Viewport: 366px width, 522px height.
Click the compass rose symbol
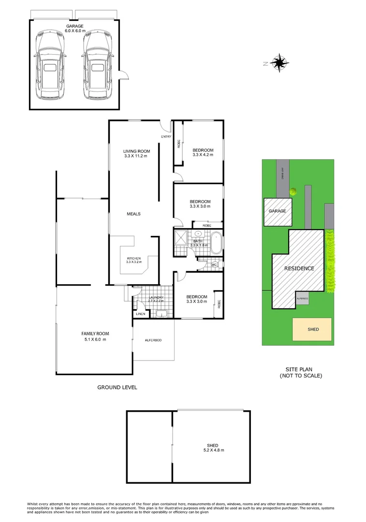tap(280, 62)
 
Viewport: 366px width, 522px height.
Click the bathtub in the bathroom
tap(216, 243)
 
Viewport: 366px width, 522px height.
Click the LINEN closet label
tap(140, 314)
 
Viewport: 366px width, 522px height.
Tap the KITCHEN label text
tap(133, 258)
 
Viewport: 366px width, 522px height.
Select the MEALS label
tap(133, 214)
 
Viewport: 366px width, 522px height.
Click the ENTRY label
tap(166, 137)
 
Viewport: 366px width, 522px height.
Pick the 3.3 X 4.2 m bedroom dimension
tap(203, 155)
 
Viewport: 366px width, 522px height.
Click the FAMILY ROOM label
tap(95, 333)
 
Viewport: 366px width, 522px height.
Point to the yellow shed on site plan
tap(312, 329)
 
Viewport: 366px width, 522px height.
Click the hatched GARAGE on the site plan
tap(278, 212)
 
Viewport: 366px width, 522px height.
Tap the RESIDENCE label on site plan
tap(299, 269)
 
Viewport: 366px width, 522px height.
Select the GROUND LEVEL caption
tap(117, 387)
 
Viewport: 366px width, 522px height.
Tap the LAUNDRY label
tap(156, 297)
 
